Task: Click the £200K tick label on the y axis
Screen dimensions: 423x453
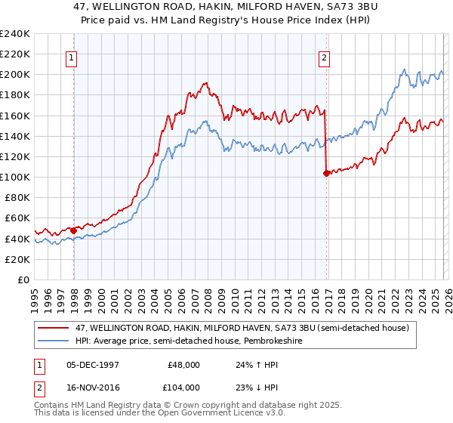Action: tap(14, 75)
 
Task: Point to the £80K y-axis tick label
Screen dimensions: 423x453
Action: tap(17, 197)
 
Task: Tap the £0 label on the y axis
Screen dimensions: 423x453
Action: tap(23, 279)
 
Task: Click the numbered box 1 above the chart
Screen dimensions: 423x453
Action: tap(72, 57)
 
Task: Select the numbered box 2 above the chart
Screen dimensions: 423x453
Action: tap(324, 57)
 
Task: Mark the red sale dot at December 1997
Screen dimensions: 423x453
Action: tap(73, 230)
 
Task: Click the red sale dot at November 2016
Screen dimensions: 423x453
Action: tap(326, 173)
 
